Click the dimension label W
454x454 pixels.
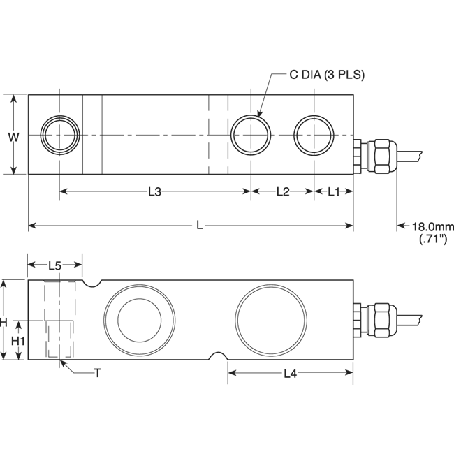tap(13, 137)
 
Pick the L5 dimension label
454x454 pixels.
tap(55, 265)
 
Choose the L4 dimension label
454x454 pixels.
tap(291, 374)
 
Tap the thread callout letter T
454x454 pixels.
tap(97, 374)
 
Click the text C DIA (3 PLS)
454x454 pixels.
tap(327, 75)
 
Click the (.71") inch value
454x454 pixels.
tap(432, 239)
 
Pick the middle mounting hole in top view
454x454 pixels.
tap(250, 134)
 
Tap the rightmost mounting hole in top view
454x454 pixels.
tap(313, 134)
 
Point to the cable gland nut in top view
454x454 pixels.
tap(381, 155)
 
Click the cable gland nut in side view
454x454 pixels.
tap(381, 319)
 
